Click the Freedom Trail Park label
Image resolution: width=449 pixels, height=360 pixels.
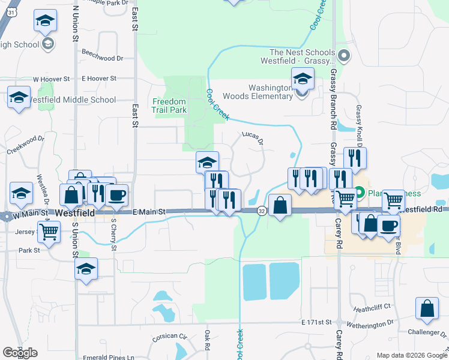point(169,106)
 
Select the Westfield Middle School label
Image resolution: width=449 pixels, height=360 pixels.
point(72,100)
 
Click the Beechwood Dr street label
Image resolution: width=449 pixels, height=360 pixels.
point(103,58)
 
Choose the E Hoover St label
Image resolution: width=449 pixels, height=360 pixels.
point(99,78)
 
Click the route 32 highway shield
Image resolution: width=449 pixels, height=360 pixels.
point(262,211)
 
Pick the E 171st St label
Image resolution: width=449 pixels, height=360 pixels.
point(317,323)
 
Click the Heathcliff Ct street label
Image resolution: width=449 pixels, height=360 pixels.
point(372,306)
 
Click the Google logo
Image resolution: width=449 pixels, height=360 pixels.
point(20,352)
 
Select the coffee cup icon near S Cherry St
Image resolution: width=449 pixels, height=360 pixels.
point(116,195)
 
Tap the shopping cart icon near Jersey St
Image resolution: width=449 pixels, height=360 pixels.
point(49,231)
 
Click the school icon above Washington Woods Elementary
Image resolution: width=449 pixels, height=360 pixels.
point(303,79)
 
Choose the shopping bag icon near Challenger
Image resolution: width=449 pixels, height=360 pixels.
point(427,308)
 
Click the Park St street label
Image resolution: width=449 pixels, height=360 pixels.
point(29,250)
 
